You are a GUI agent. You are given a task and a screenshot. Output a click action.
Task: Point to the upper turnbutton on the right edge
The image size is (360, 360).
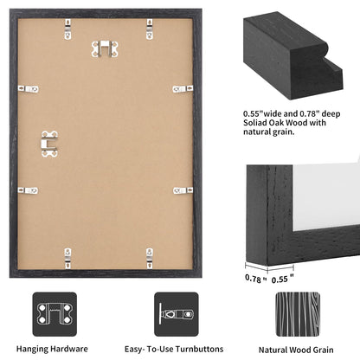(182, 88)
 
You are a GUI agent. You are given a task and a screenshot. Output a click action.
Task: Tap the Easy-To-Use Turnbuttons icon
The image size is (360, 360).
(174, 312)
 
